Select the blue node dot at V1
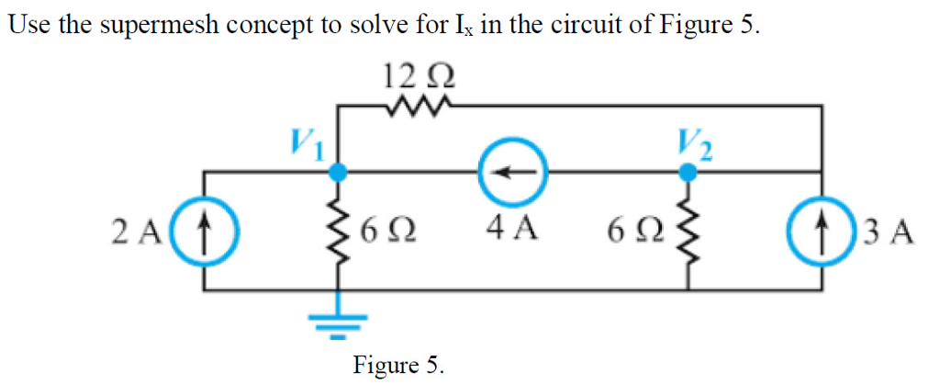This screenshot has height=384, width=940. click(339, 171)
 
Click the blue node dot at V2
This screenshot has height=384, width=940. click(686, 171)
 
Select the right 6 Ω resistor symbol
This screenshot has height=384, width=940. click(686, 231)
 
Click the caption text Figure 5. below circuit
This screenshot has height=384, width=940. click(398, 365)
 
